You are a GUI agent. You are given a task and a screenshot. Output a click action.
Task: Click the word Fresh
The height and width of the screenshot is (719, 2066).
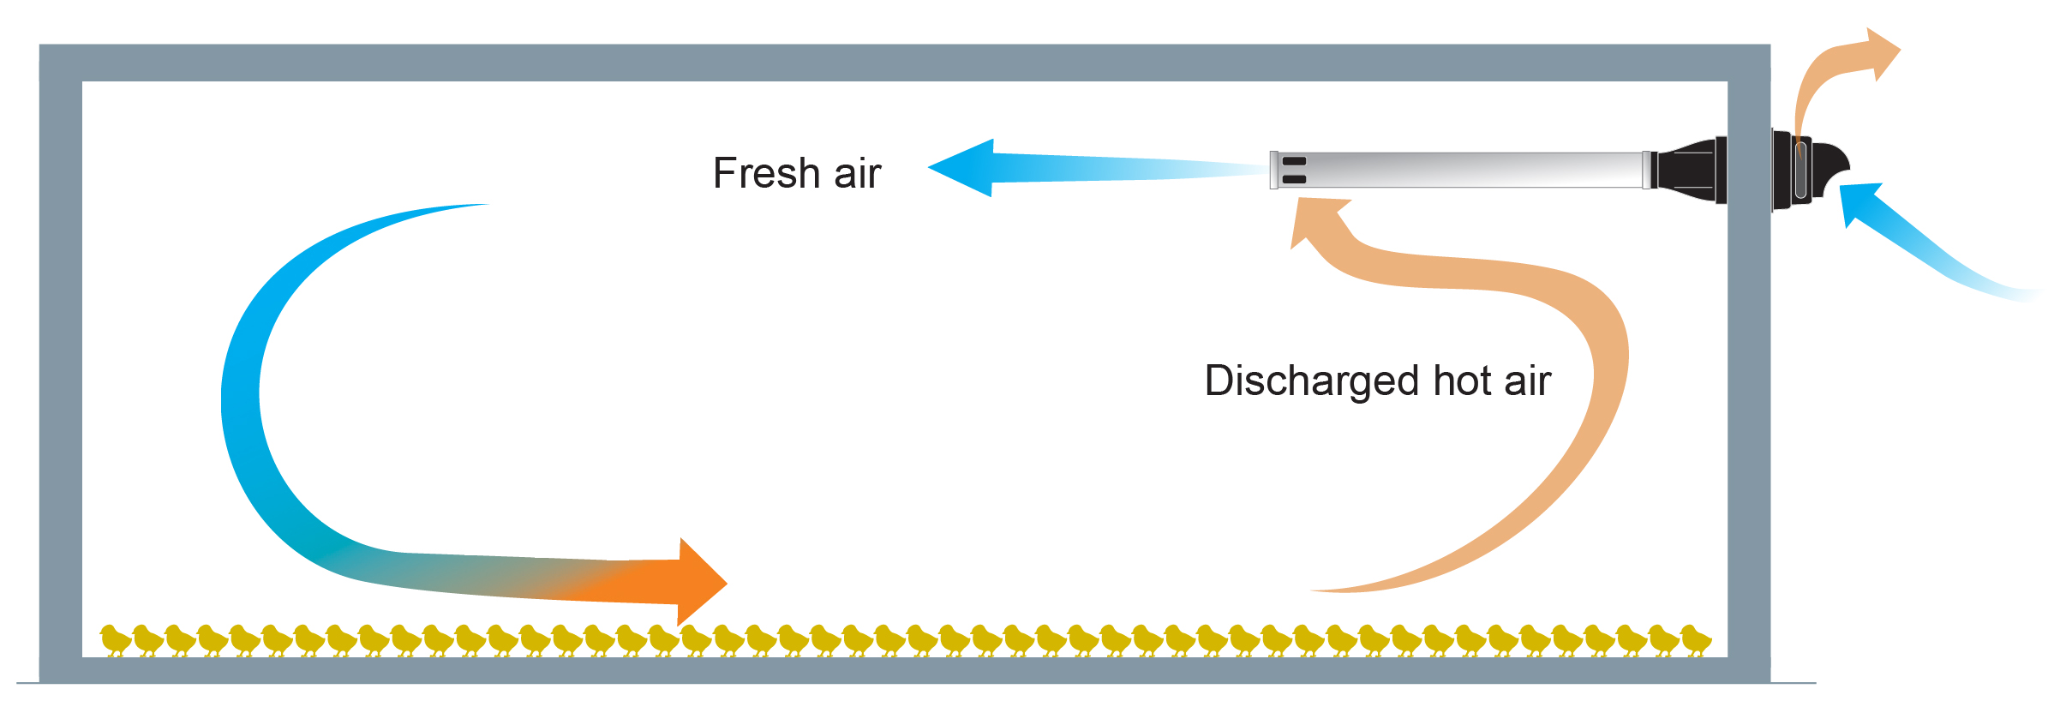point(766,174)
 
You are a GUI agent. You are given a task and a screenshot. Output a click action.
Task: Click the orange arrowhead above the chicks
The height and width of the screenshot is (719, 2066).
point(699,582)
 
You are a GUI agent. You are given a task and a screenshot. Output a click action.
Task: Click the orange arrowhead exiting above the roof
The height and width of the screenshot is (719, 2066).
point(1882,54)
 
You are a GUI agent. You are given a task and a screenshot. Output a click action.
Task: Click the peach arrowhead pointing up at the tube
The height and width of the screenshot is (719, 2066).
point(1315,218)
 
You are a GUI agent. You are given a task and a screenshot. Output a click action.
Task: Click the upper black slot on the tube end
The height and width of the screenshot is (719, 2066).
point(1294,161)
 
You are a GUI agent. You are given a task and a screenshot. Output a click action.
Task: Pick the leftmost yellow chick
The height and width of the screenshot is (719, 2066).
point(115,639)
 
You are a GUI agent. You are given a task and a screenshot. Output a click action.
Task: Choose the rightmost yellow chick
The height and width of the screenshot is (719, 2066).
point(1695,639)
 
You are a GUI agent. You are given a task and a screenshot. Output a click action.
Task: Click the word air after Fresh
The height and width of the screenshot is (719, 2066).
point(857,174)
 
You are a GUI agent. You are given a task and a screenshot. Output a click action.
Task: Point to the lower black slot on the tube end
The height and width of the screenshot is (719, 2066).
point(1294,179)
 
